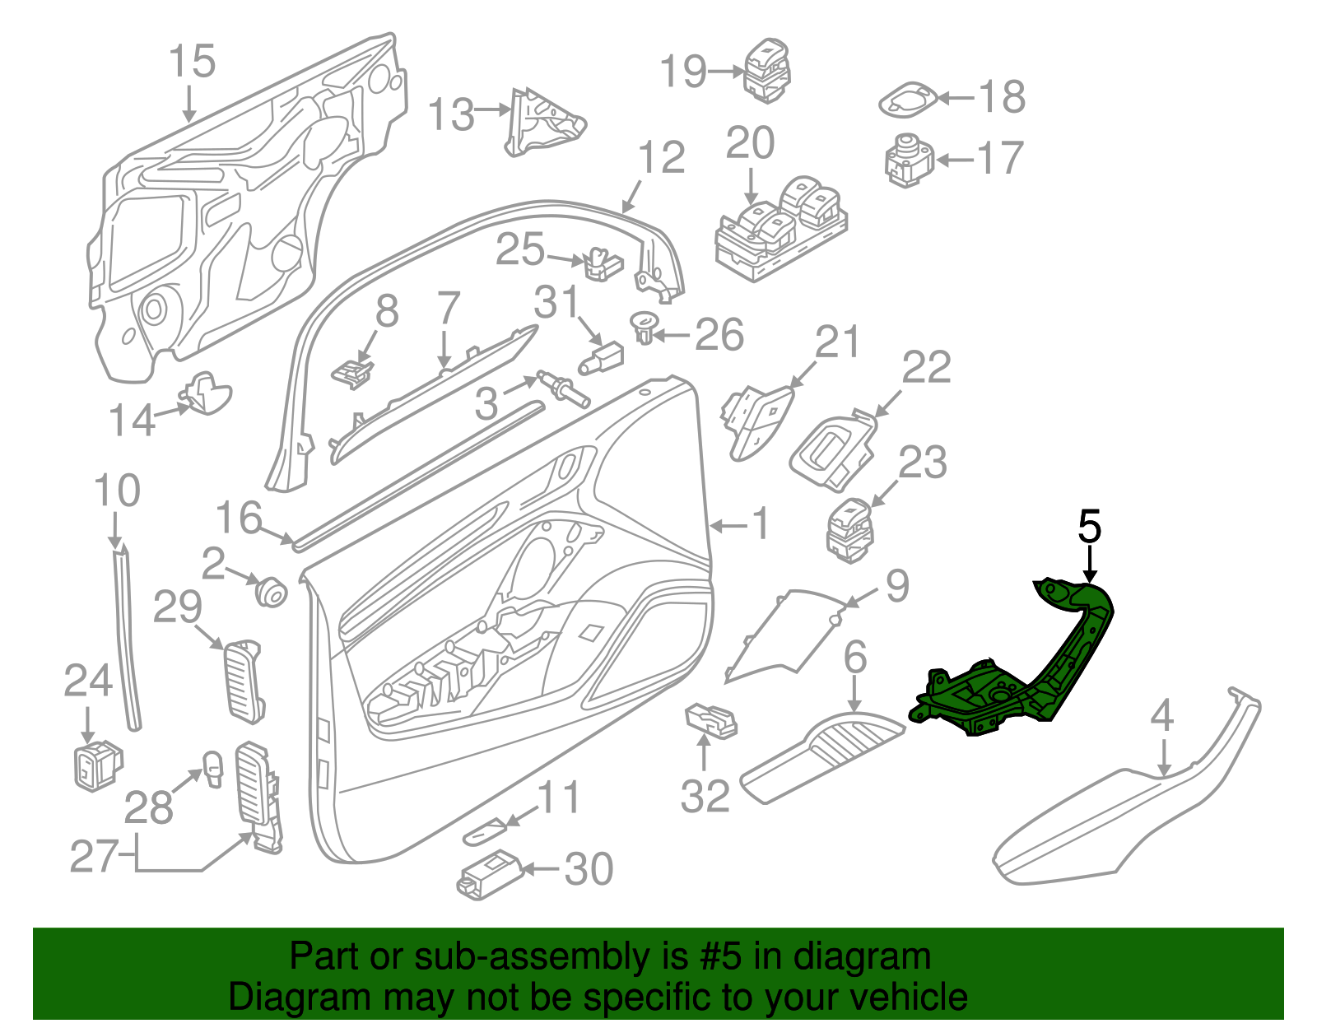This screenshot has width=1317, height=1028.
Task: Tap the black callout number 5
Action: [x=1089, y=527]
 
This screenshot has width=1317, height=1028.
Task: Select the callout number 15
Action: [x=192, y=62]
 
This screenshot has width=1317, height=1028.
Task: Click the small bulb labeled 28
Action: [x=213, y=770]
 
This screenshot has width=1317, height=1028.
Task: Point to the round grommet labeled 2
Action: [x=269, y=591]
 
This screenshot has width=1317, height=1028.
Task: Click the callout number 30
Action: [x=589, y=869]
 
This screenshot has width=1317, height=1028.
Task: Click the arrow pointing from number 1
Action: [x=728, y=525]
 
